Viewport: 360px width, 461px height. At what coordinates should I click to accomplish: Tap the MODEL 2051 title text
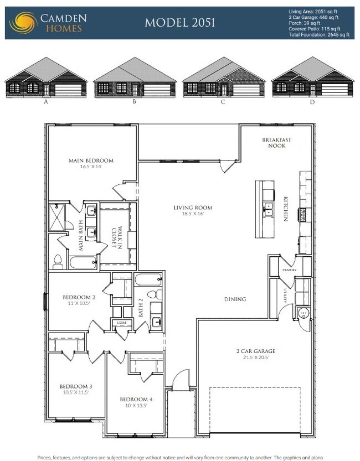179,23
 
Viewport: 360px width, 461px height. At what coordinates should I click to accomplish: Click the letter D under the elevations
312,102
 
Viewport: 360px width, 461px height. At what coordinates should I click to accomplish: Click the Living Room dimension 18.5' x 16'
193,214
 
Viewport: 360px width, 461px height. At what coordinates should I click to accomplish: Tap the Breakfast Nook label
276,143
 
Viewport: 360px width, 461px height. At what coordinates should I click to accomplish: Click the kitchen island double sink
269,209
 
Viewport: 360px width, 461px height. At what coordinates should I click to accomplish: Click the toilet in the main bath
58,261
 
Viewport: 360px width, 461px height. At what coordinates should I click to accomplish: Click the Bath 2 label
141,308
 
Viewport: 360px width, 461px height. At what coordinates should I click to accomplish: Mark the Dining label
235,299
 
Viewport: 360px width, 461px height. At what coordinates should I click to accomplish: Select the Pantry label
289,270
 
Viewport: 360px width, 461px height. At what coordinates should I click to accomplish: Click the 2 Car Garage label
256,351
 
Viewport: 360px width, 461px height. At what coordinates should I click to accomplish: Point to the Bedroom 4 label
136,399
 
